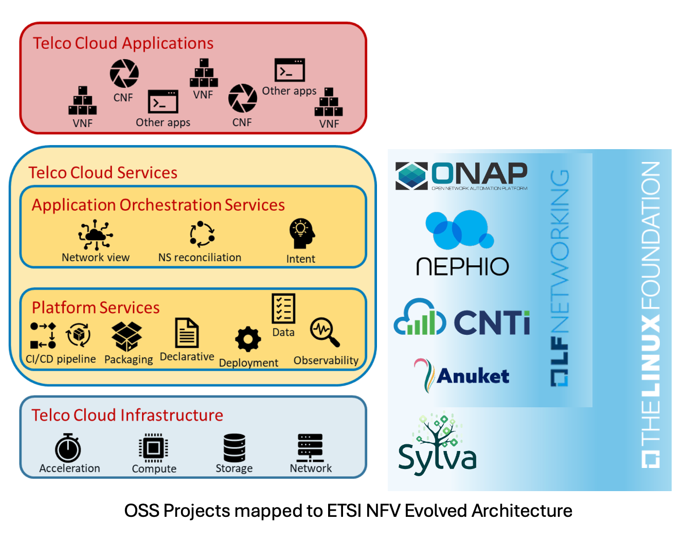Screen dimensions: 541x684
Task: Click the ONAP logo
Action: click(x=461, y=175)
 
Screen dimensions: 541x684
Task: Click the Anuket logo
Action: click(x=462, y=375)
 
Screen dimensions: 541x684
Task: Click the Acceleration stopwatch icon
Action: click(x=68, y=448)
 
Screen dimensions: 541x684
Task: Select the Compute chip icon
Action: click(x=153, y=448)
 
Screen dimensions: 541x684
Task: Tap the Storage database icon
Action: click(x=234, y=448)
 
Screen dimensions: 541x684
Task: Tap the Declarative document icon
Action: click(x=187, y=333)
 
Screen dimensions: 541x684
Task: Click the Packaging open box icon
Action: click(x=127, y=336)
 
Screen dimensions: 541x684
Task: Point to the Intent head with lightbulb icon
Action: click(x=301, y=234)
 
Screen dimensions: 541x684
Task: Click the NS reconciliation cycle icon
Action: click(x=202, y=235)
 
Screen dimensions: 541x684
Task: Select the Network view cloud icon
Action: click(x=95, y=235)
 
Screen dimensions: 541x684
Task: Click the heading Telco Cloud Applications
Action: click(x=123, y=43)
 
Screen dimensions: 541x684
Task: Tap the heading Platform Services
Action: click(x=96, y=308)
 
